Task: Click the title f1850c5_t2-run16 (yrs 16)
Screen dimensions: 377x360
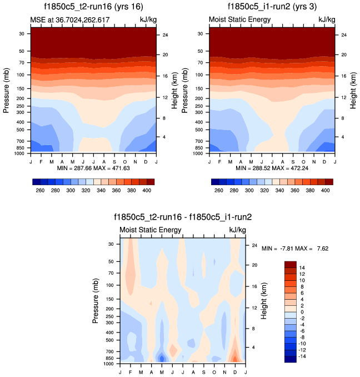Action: click(92, 7)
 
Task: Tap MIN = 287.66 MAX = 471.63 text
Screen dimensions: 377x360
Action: click(93, 167)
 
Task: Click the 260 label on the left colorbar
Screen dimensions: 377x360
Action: click(40, 190)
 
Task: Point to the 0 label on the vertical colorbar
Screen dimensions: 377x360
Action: click(302, 312)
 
